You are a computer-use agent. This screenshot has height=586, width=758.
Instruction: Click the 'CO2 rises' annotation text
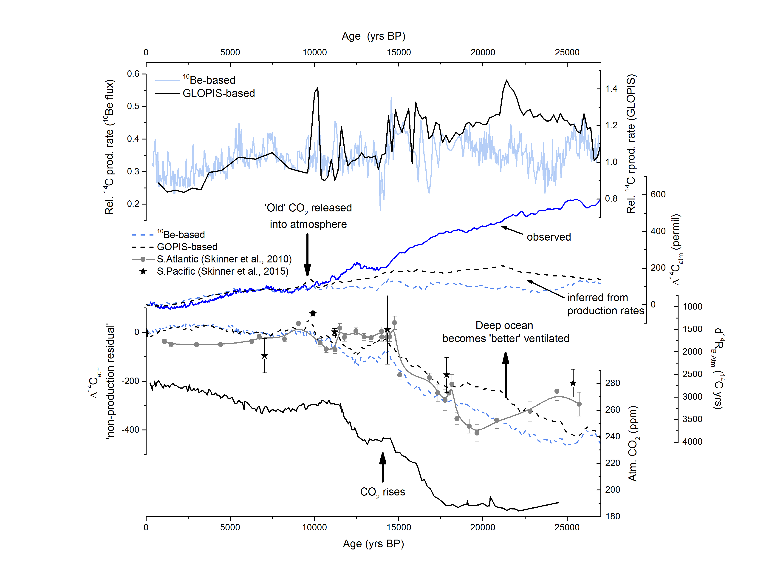click(382, 492)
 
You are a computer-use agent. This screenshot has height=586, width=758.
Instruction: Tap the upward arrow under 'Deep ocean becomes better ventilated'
click(506, 375)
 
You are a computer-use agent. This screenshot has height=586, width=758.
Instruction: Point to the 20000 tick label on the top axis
click(483, 52)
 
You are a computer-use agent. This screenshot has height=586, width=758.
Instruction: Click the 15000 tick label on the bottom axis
click(399, 527)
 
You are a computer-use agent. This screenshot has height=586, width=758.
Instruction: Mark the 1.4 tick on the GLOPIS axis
click(611, 89)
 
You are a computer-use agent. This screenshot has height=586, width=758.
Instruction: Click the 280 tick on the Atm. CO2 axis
click(613, 383)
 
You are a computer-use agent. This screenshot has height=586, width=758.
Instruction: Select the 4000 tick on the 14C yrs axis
click(692, 442)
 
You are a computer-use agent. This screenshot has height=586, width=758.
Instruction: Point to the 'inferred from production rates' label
click(605, 304)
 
